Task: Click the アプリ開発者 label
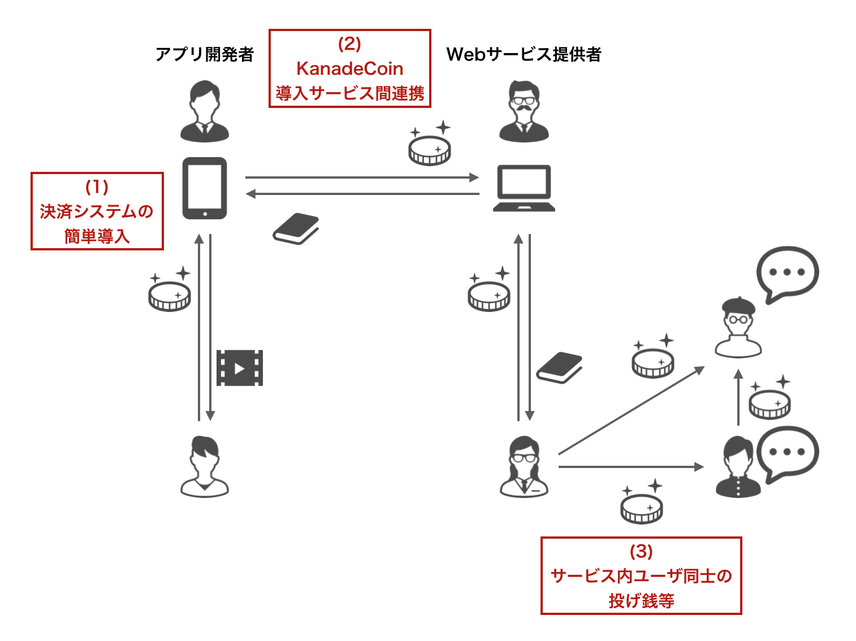point(205,54)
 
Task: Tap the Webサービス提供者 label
point(524,54)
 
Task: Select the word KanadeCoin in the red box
point(349,69)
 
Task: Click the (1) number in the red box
point(97,187)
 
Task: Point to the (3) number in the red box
point(641,551)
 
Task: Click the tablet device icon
point(205,188)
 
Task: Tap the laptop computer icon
point(524,188)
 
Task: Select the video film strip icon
point(240,368)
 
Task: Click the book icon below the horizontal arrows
point(296,228)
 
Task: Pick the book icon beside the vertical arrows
point(559,367)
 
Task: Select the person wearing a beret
point(738,328)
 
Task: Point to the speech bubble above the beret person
point(788,273)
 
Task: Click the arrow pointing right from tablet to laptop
point(362,177)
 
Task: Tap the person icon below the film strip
point(205,467)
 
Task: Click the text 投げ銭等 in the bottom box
point(641,600)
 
